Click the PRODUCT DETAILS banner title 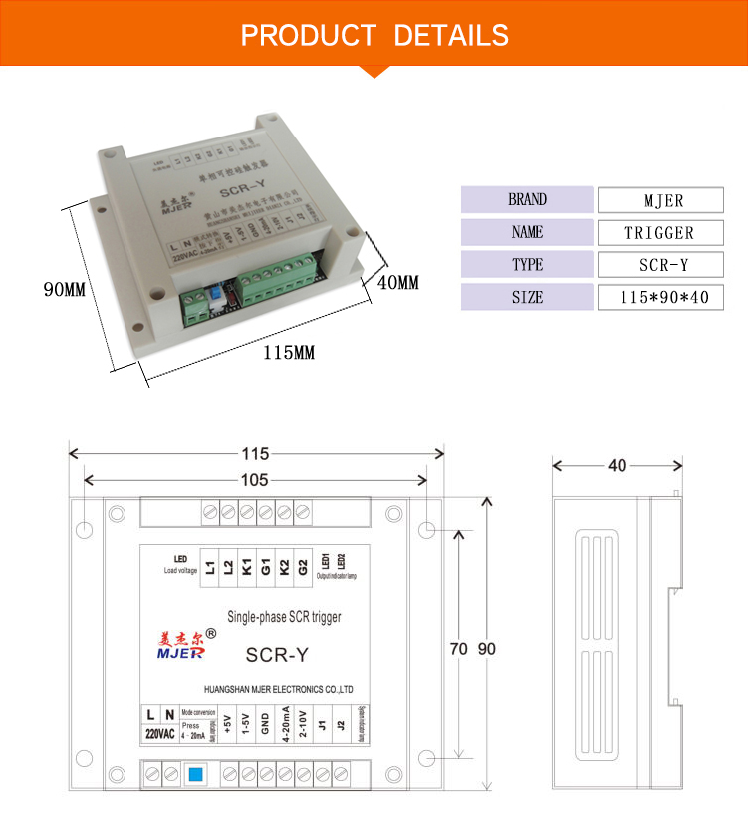click(374, 36)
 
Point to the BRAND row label click(527, 199)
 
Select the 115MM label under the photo click(289, 353)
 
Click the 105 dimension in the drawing click(255, 480)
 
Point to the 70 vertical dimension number click(458, 648)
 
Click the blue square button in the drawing click(195, 773)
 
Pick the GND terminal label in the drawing click(265, 724)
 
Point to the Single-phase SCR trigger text click(285, 617)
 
